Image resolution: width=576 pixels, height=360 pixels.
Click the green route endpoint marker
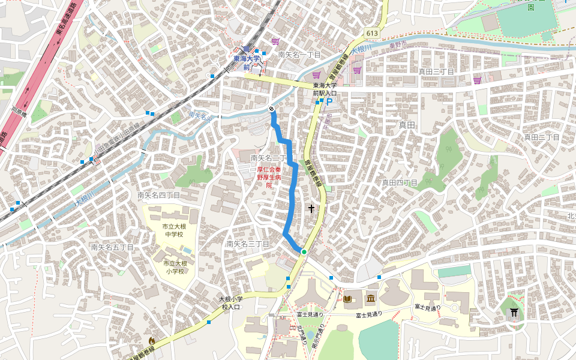point(304,252)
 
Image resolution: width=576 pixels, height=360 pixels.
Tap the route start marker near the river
point(272,109)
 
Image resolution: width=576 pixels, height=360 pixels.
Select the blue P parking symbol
point(329,103)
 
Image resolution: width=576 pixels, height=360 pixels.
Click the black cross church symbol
point(311,209)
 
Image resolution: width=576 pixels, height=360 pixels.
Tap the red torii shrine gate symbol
point(514,313)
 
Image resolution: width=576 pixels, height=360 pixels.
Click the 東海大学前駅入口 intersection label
point(325,89)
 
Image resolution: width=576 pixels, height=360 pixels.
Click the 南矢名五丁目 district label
point(112,247)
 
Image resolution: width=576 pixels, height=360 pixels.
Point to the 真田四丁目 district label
point(400,182)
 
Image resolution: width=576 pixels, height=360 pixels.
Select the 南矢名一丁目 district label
point(299,55)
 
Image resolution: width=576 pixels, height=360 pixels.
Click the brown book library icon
point(347,298)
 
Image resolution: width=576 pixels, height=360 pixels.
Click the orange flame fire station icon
point(152,340)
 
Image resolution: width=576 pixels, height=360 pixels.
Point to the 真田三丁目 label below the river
point(436,71)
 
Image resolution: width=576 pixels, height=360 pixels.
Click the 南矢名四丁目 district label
point(158,195)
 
